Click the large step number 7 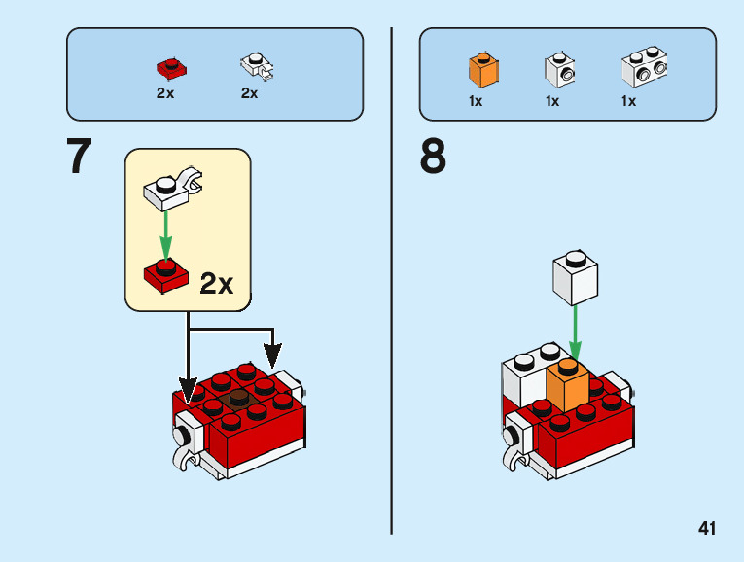point(80,158)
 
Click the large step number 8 point(433,158)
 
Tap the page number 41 point(707,529)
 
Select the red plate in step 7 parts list point(171,68)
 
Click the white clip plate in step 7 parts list point(257,66)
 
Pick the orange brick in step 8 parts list point(482,70)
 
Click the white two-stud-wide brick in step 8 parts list point(643,69)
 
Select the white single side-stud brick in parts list point(558,70)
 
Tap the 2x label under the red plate point(165,94)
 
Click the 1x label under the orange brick point(476,101)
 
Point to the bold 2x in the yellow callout point(216,283)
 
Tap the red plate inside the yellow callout point(166,274)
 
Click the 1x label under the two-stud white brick point(628,101)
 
